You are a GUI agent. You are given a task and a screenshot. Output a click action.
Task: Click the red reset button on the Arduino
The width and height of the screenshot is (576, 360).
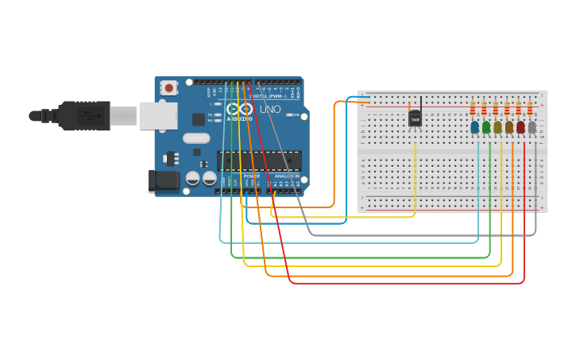point(169,88)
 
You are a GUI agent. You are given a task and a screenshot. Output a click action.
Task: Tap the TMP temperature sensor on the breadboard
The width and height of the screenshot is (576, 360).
point(415,119)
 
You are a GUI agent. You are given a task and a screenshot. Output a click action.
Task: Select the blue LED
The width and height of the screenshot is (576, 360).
point(475,127)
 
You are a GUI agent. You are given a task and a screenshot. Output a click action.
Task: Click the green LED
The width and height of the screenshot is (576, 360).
point(486,127)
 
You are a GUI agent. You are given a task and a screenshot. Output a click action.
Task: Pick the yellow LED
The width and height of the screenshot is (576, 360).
point(498,127)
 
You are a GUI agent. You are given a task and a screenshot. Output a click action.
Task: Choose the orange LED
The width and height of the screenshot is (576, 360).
point(509,127)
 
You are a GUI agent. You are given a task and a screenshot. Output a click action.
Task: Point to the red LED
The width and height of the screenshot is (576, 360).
point(520,127)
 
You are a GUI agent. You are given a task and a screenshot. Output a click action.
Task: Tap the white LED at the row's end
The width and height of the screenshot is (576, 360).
point(532,127)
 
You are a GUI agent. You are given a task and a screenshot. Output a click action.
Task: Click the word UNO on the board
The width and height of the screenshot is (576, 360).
point(270,109)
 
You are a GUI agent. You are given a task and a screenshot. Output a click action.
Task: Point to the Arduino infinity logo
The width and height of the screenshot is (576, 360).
point(239,109)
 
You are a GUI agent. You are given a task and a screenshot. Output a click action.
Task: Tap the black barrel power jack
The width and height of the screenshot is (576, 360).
point(164,180)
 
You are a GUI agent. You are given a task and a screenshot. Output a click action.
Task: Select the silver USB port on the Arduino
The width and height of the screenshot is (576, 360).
point(158,115)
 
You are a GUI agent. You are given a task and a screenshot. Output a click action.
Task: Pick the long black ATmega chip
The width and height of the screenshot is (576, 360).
point(260,161)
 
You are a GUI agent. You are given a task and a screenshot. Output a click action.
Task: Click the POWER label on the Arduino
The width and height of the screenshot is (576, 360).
point(251,176)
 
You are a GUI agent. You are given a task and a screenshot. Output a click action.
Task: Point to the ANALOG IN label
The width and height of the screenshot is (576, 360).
point(287,176)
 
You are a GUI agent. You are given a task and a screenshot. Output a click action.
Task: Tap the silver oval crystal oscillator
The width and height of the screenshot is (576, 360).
point(196,138)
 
